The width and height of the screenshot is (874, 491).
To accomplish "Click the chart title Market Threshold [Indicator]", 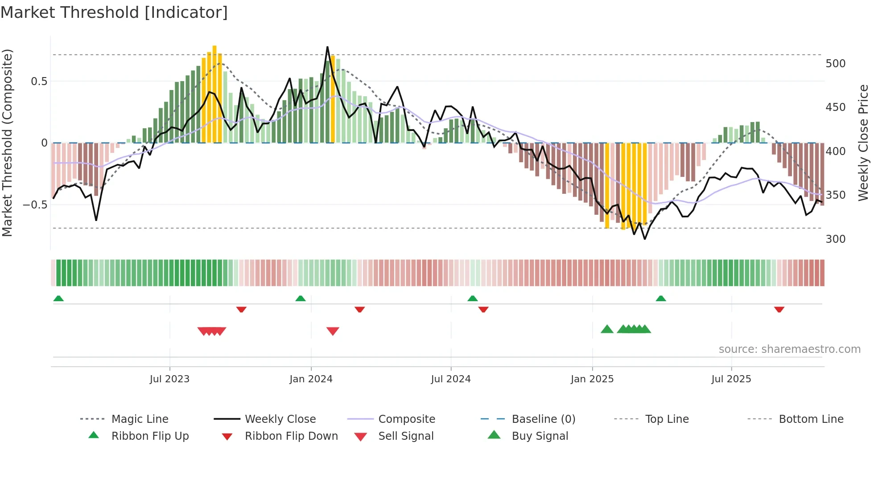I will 114,12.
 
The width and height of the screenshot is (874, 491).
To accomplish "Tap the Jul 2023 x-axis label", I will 169,379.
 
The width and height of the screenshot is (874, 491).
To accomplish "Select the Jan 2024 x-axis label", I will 311,379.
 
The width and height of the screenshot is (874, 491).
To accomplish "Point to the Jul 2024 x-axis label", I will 451,379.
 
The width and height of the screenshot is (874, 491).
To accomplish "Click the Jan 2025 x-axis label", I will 592,379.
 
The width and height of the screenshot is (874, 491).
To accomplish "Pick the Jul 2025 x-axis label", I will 731,379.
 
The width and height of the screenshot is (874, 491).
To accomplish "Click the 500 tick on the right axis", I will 835,64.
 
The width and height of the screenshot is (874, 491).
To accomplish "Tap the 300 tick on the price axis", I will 835,239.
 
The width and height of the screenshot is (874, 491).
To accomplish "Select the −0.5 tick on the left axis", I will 35,205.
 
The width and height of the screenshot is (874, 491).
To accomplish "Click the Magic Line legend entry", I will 140,419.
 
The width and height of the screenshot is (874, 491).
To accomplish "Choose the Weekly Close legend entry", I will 280,419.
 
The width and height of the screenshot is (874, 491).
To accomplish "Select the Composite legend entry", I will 407,419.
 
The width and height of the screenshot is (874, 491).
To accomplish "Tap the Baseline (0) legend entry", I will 544,419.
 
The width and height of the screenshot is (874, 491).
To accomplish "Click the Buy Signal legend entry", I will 540,436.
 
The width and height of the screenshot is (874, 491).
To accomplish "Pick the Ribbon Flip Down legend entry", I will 291,436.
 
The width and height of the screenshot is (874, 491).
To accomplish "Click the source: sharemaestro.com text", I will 789,349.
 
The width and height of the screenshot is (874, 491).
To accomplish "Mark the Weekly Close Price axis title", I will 864,143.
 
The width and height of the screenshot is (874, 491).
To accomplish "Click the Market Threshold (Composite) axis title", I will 7,143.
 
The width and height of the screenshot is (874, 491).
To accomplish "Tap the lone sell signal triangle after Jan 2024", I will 333,331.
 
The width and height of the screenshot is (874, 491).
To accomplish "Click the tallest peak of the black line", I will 327,47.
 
